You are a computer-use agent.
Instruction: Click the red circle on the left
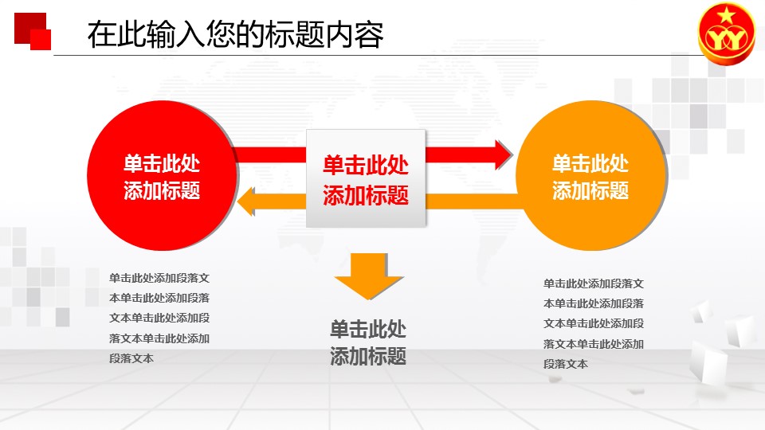162,175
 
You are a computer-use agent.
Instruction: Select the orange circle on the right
590,175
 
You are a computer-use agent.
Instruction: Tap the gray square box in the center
366,178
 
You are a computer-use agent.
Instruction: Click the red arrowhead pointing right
504,155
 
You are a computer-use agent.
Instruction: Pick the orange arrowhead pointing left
245,201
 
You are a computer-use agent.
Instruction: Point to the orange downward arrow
369,276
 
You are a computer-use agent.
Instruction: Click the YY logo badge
727,33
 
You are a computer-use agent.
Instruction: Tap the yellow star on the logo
727,15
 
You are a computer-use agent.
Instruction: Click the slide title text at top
236,34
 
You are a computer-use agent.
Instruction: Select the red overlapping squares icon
33,31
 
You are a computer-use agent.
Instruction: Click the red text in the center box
366,180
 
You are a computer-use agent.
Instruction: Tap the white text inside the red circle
162,177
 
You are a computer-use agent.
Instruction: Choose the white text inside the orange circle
590,177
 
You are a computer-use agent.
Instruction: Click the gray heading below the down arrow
368,342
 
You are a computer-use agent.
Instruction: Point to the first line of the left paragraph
159,278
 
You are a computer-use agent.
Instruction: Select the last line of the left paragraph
131,358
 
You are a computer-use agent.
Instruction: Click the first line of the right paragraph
594,283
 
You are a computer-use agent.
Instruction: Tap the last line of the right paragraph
566,364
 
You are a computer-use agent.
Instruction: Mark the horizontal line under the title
378,55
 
